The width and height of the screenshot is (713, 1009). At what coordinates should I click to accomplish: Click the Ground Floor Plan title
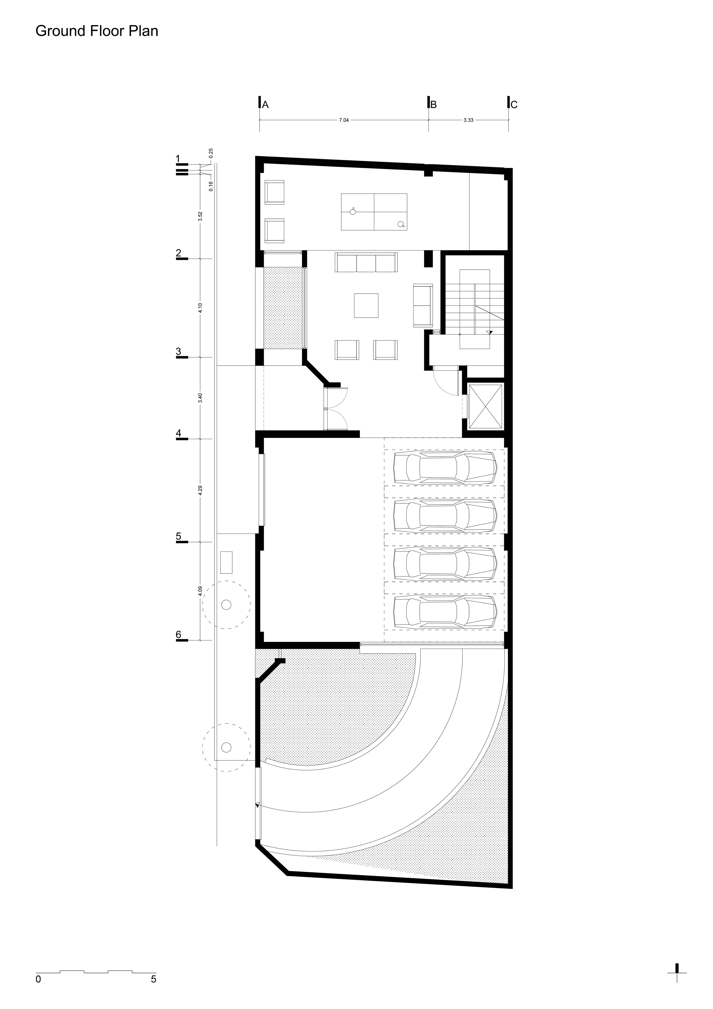tap(97, 31)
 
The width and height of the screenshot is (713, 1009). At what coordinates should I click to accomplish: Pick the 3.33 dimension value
tap(468, 120)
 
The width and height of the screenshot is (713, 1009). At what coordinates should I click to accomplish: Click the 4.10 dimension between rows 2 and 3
tap(200, 308)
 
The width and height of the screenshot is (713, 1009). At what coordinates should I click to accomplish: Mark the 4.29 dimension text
tap(200, 490)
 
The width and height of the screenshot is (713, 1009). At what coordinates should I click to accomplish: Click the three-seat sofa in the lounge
tap(366, 262)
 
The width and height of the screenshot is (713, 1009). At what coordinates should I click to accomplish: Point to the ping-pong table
tap(374, 211)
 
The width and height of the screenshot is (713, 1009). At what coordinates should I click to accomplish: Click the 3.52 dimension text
tap(200, 216)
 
